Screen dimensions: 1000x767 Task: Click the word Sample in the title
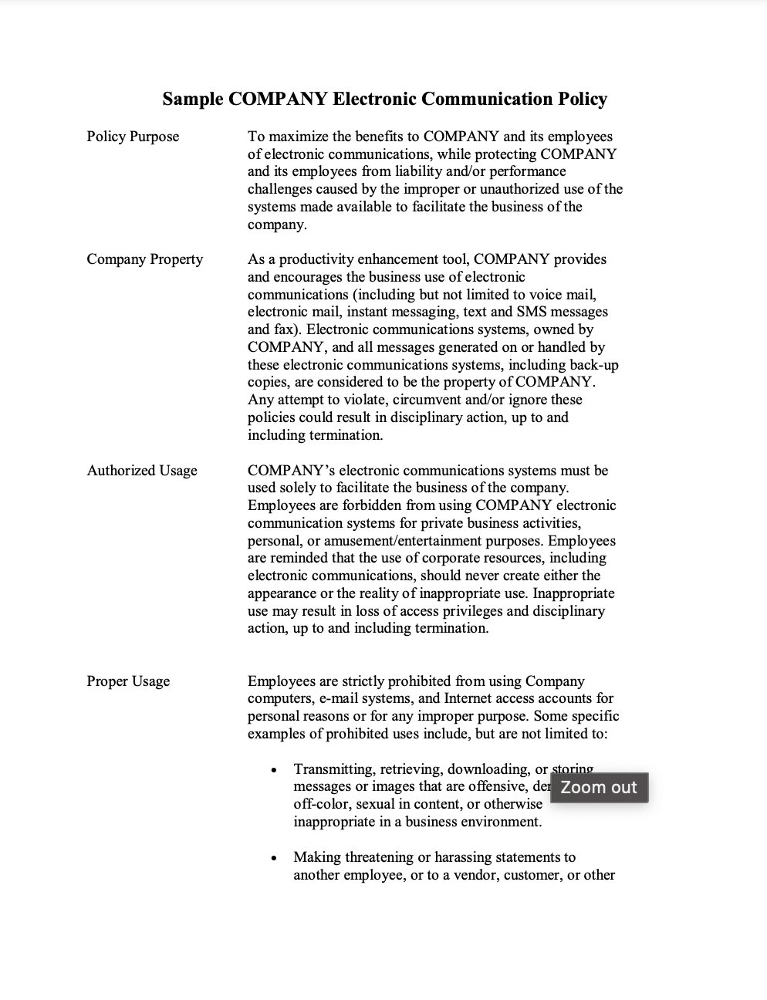tap(194, 100)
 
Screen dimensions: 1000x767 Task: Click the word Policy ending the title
tap(583, 100)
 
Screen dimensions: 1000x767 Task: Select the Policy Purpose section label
tap(133, 137)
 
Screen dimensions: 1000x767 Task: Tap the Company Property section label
tap(145, 259)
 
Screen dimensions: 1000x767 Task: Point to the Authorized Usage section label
tap(142, 471)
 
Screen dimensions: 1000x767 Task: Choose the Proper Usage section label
tap(128, 681)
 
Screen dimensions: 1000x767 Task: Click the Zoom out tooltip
tap(599, 788)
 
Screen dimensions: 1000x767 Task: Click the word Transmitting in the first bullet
tap(333, 769)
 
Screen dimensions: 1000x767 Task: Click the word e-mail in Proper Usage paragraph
tap(334, 699)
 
